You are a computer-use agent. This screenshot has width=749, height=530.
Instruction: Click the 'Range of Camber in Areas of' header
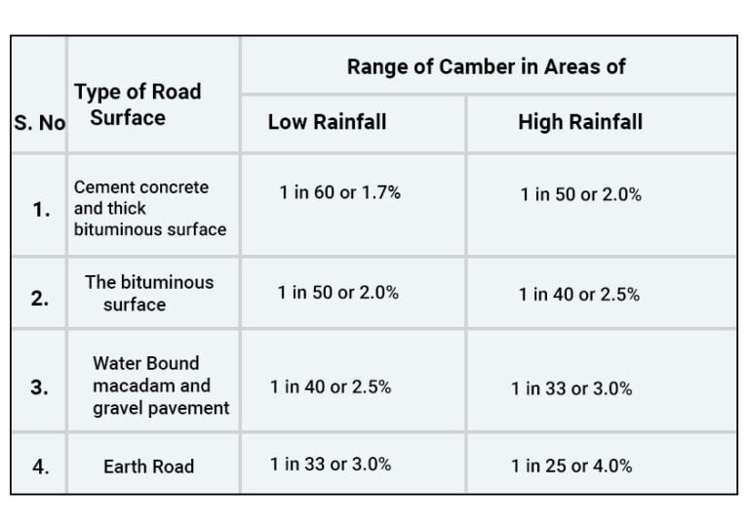[x=486, y=67]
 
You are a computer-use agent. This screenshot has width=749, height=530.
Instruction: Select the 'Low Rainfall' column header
[x=327, y=122]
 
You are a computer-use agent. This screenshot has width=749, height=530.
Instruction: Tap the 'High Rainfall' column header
[x=580, y=122]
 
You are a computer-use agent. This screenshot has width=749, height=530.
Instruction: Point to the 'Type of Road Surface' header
[x=137, y=104]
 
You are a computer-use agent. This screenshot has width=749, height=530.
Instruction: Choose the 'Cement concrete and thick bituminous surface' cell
[x=149, y=208]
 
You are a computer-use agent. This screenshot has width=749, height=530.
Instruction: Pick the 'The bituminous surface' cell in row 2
[x=148, y=293]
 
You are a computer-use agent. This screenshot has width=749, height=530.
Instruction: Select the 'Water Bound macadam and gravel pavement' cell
[x=160, y=386]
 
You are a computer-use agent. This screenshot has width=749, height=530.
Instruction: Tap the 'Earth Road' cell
[x=148, y=467]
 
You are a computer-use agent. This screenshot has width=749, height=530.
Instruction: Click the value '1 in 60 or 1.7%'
[x=339, y=192]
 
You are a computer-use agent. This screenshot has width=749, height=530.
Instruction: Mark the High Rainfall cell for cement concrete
[x=580, y=194]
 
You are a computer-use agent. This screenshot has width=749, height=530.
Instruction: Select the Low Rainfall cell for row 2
[x=337, y=292]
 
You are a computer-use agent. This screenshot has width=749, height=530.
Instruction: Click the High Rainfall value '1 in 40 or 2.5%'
[x=578, y=294]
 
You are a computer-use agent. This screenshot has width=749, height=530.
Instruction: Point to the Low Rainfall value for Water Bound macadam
[x=331, y=387]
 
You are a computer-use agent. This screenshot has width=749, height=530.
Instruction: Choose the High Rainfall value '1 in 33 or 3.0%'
[x=571, y=388]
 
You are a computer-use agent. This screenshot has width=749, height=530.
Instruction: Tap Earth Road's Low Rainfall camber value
[x=331, y=465]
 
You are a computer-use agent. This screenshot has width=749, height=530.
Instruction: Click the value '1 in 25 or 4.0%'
[x=571, y=467]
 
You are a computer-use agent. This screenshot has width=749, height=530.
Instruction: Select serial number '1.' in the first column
[x=41, y=209]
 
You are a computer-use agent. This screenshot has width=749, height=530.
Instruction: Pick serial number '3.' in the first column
[x=40, y=387]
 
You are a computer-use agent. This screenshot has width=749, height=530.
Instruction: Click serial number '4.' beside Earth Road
[x=40, y=467]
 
